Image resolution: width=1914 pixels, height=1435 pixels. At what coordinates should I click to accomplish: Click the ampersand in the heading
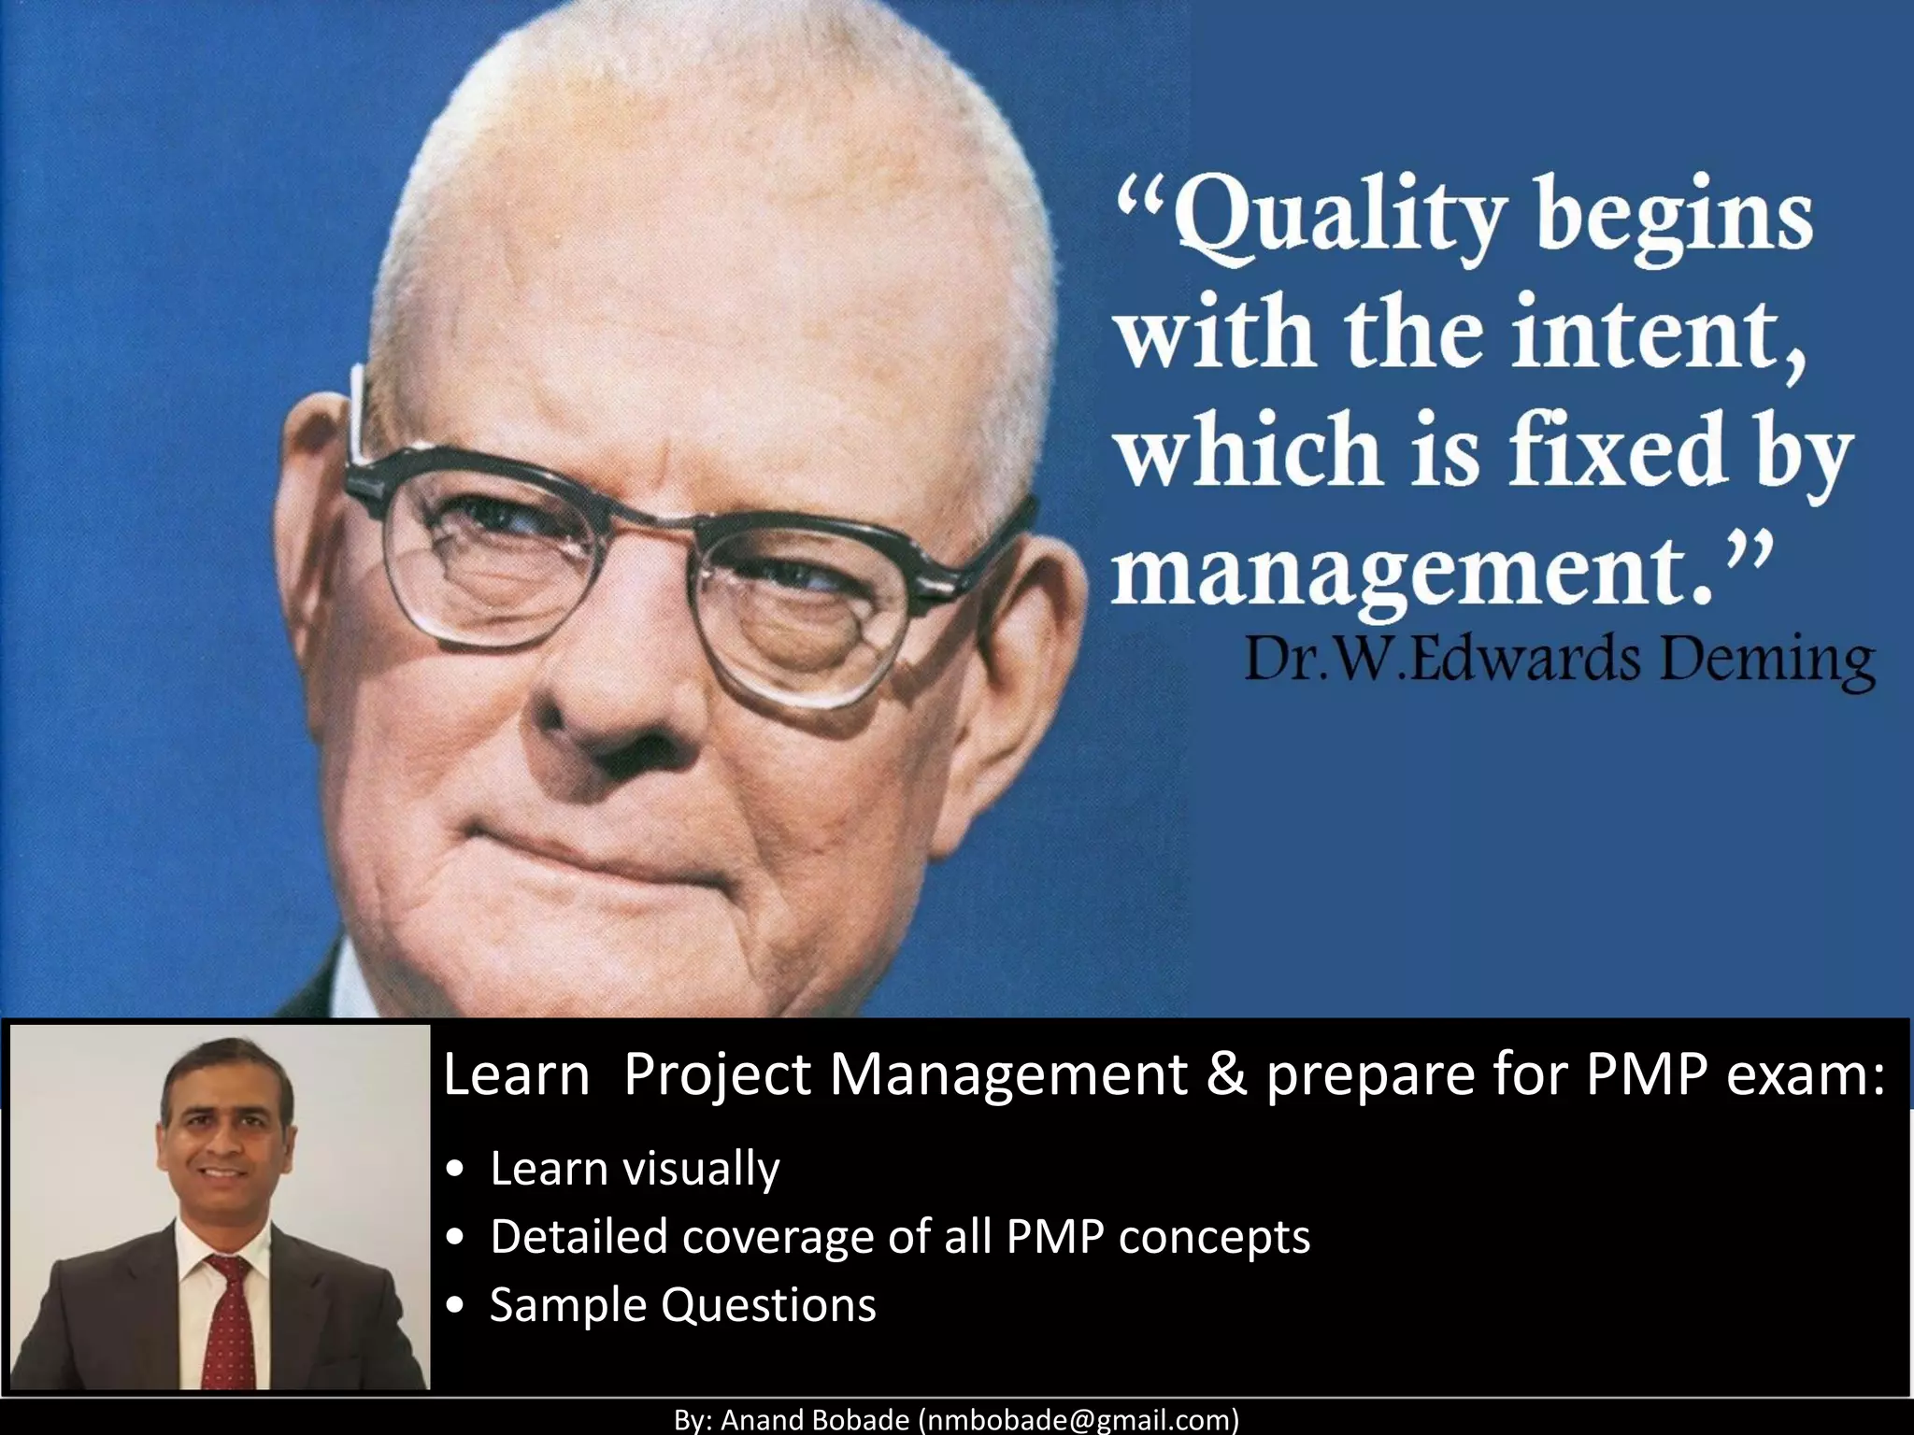[1226, 1074]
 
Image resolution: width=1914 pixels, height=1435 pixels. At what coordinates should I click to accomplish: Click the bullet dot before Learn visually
[455, 1171]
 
